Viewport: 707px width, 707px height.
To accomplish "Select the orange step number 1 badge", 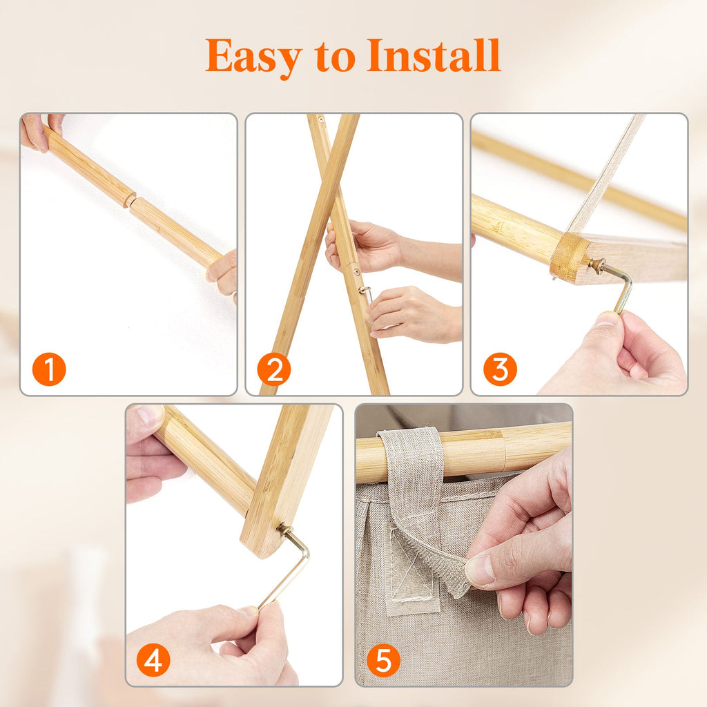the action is point(49,369).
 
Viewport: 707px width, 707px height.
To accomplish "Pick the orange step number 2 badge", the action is point(273,369).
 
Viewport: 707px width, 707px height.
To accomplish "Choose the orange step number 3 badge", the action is point(500,369).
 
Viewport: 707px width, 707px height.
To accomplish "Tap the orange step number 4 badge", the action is point(153,660).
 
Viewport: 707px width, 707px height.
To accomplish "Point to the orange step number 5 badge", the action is point(383,660).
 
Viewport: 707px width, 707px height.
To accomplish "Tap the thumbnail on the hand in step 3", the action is point(606,319).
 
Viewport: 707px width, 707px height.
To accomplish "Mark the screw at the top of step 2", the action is point(320,120).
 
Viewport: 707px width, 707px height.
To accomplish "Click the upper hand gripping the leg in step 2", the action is point(363,246).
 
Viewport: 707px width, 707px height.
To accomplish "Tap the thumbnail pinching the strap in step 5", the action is point(479,570).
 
